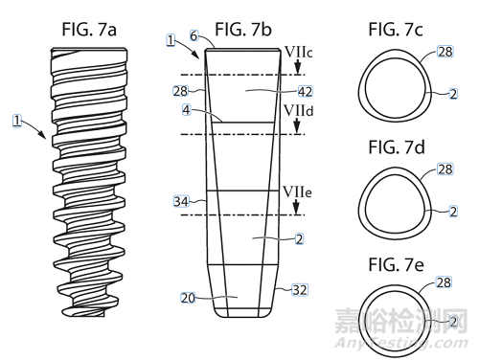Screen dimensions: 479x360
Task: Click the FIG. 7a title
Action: coord(89,30)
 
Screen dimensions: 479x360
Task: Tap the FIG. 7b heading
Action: coord(243,30)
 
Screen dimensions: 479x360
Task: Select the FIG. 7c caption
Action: coord(396,30)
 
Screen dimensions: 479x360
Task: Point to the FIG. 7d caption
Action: coord(397,147)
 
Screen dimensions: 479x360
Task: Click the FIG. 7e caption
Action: coord(397,265)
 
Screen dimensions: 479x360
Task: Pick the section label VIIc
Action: coord(299,53)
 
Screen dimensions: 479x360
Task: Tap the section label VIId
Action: coord(299,111)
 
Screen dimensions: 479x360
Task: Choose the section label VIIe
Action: coord(297,192)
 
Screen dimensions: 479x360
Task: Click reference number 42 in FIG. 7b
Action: coord(306,92)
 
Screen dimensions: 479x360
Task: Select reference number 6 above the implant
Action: coord(194,36)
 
